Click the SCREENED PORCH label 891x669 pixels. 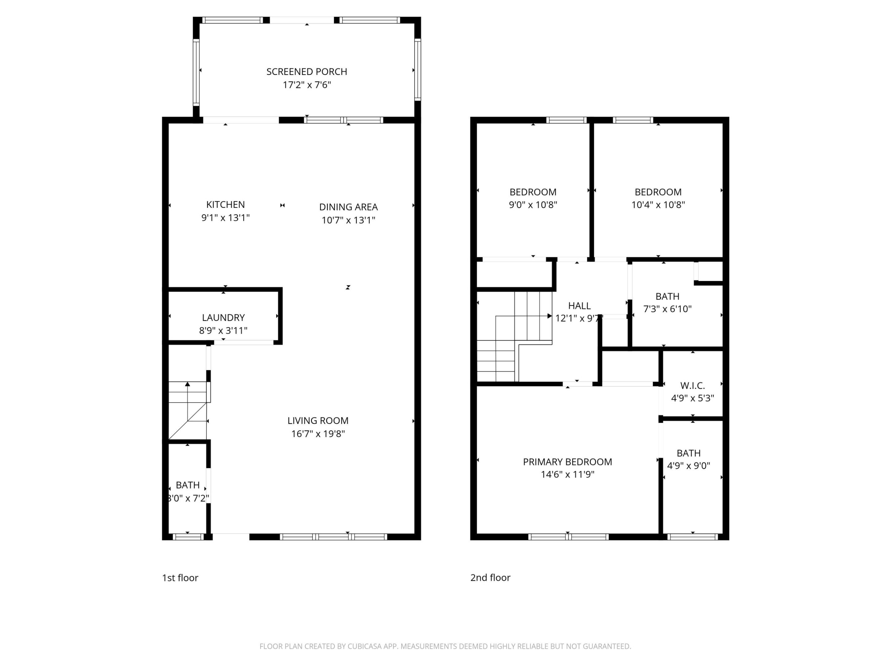[x=307, y=72]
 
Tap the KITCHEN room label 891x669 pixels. [x=225, y=204]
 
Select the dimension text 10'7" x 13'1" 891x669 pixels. [x=348, y=220]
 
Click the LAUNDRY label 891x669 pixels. [x=223, y=317]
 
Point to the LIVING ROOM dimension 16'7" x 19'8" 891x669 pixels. [x=318, y=434]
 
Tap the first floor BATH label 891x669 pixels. [x=188, y=485]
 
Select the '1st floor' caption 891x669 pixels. [x=180, y=578]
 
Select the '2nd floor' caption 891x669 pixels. [x=490, y=577]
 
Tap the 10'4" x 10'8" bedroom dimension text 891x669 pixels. [x=658, y=205]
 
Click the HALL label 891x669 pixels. [x=579, y=306]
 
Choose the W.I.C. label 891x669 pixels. [x=692, y=386]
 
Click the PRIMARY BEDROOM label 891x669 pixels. [x=567, y=462]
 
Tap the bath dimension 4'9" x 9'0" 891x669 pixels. [x=688, y=466]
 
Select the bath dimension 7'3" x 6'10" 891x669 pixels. [x=667, y=309]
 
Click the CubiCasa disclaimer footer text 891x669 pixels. [x=445, y=646]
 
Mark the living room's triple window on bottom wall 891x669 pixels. [x=333, y=537]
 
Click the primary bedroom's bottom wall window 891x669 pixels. [x=568, y=537]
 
